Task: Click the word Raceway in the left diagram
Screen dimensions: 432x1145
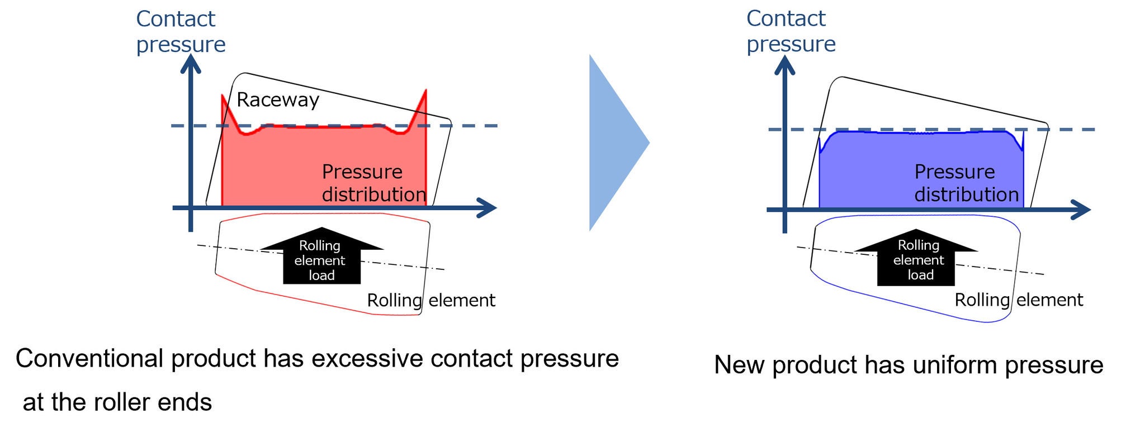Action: [x=277, y=99]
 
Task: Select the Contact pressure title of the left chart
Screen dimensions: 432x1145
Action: [x=180, y=31]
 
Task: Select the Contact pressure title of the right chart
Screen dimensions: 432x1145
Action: [x=791, y=31]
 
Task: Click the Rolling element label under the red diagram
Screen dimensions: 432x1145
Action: [x=430, y=300]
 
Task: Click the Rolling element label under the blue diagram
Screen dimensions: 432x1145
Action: [x=1018, y=300]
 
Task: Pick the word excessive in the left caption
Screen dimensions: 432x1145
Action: [x=368, y=358]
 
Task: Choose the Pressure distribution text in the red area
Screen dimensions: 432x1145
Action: [x=373, y=183]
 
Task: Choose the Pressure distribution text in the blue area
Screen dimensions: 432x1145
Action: [x=966, y=183]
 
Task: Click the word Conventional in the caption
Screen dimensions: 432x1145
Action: [x=89, y=358]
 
